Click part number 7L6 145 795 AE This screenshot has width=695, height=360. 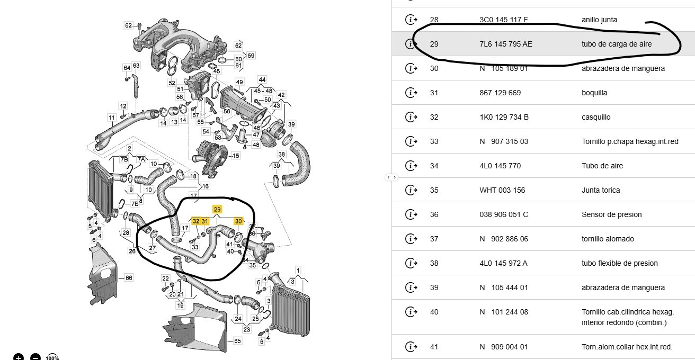505,44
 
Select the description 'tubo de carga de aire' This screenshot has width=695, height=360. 617,44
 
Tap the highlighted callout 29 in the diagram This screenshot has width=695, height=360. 217,209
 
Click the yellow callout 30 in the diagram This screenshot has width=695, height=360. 238,221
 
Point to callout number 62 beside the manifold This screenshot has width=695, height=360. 129,25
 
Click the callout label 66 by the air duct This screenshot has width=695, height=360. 129,277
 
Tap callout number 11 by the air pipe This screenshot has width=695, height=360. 112,117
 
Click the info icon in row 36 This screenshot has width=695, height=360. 411,214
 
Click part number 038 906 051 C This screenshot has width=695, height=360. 503,214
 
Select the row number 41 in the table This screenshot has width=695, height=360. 434,347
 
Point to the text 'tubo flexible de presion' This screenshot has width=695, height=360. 620,263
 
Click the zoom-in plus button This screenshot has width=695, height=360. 19,357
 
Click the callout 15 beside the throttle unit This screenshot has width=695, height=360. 236,156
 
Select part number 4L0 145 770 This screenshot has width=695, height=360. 500,166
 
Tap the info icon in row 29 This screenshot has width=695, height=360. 411,44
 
